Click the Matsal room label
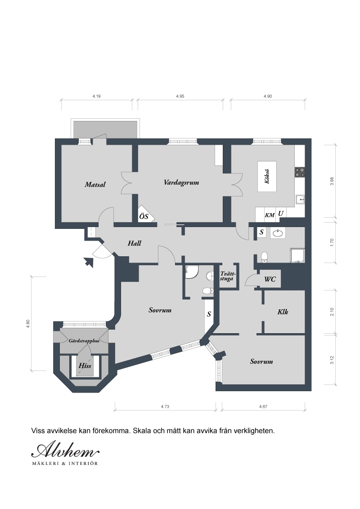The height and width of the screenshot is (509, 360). pyautogui.click(x=95, y=185)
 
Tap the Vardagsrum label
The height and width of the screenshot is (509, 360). pyautogui.click(x=181, y=183)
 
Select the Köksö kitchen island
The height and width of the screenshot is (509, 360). pyautogui.click(x=267, y=177)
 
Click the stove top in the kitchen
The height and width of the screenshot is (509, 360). pyautogui.click(x=300, y=172)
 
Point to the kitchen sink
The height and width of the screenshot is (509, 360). pyautogui.click(x=300, y=199)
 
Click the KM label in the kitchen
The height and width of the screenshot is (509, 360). pyautogui.click(x=270, y=215)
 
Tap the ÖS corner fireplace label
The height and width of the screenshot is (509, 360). pyautogui.click(x=144, y=216)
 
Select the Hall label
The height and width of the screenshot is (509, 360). pyautogui.click(x=134, y=243)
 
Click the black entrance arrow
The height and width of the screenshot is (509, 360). pyautogui.click(x=88, y=262)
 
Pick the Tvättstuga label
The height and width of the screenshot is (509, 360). pyautogui.click(x=228, y=276)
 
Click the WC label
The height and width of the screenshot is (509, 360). pyautogui.click(x=270, y=279)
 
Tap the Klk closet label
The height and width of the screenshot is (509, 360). pyautogui.click(x=283, y=312)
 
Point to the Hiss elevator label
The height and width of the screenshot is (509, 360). pyautogui.click(x=85, y=366)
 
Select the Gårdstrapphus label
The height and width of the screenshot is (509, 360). pyautogui.click(x=84, y=341)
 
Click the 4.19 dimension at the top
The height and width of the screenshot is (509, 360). pyautogui.click(x=96, y=96)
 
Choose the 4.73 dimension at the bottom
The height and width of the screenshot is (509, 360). pyautogui.click(x=165, y=406)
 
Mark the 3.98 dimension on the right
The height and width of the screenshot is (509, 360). pyautogui.click(x=332, y=181)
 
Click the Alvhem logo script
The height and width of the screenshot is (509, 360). pyautogui.click(x=65, y=451)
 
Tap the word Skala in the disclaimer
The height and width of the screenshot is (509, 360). pyautogui.click(x=141, y=431)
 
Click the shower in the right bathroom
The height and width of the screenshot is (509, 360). pyautogui.click(x=297, y=255)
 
